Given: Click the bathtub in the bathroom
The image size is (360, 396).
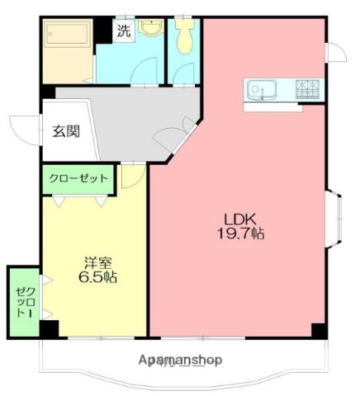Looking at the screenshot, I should click(x=66, y=39).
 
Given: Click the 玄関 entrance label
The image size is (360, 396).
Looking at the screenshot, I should click(x=65, y=131).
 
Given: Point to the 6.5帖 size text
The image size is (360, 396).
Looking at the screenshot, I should click(x=98, y=278).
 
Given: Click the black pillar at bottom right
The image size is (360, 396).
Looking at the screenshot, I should click(x=319, y=330).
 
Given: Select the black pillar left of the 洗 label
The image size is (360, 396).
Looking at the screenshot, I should click(x=103, y=30).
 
